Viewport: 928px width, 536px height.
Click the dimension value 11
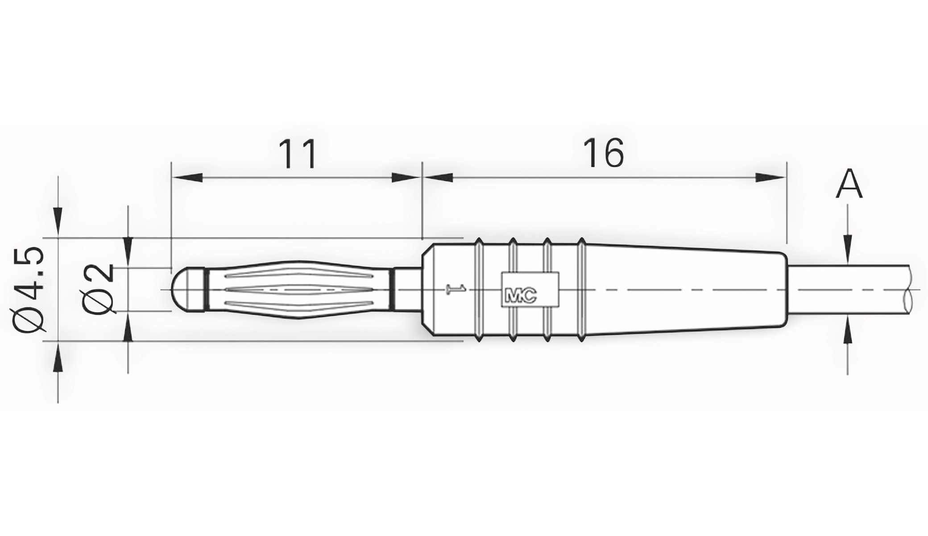coord(298,154)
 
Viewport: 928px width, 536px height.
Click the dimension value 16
coord(605,153)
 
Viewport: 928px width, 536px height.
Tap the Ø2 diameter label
coord(99,289)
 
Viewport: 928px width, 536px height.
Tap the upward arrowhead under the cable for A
coord(848,333)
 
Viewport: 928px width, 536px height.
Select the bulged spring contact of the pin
coord(299,289)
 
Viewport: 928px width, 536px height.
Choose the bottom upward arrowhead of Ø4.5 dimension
coord(58,357)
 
